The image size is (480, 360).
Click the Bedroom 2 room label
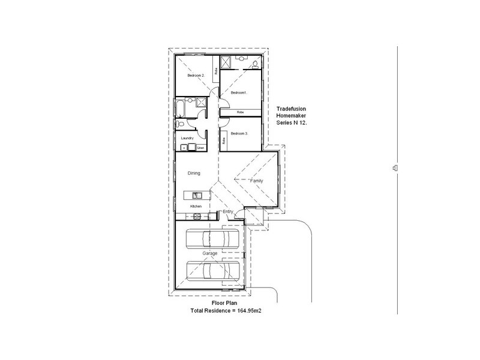[196, 76]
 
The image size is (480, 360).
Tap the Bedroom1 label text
[239, 92]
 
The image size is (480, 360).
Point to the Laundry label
[187, 137]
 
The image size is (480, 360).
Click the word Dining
[193, 173]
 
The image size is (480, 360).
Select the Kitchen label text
[196, 206]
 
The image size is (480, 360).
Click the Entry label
[227, 212]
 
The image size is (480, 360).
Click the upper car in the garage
[210, 239]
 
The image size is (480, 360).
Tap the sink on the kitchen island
[195, 195]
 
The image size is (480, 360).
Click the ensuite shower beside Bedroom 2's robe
[227, 62]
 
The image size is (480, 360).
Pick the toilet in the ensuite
[255, 62]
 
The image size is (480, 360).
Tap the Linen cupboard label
[200, 148]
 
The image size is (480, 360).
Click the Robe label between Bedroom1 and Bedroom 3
[239, 112]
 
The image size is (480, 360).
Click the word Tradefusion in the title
[291, 109]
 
